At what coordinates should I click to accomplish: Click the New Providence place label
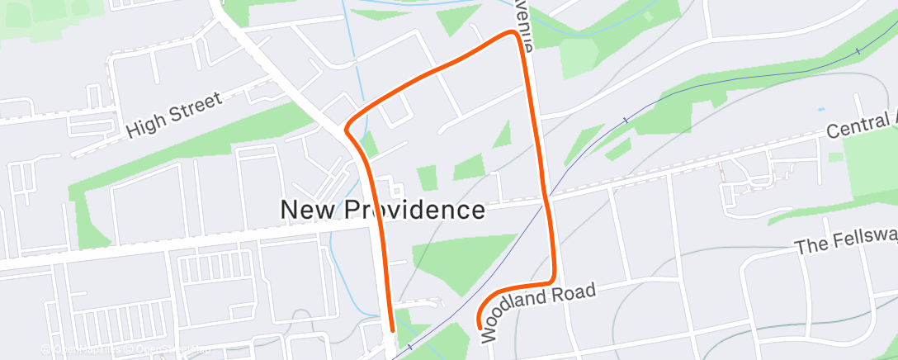click(382, 210)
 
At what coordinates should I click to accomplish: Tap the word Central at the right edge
click(859, 127)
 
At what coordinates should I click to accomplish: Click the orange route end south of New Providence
click(391, 329)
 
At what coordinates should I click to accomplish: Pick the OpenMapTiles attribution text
click(86, 349)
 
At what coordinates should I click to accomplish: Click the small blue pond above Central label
click(820, 109)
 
